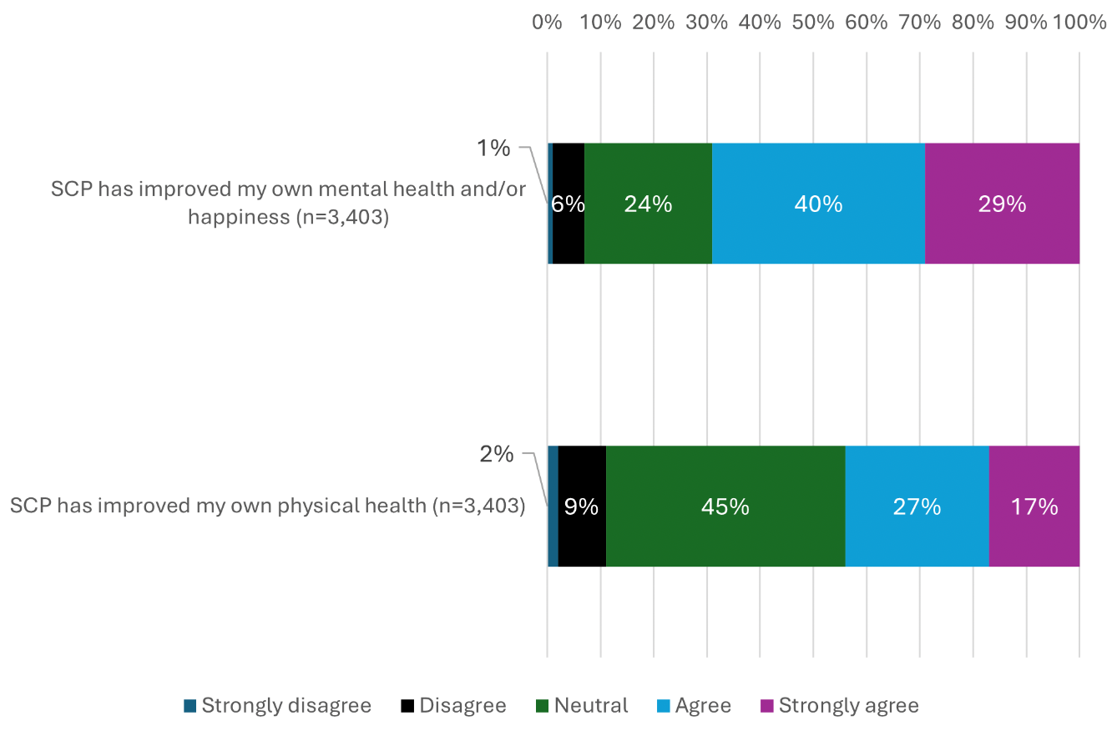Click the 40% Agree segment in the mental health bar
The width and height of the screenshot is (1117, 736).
(818, 204)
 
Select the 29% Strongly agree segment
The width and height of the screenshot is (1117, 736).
(1002, 204)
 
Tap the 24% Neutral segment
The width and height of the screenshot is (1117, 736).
(648, 204)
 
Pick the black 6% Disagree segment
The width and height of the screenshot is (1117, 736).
(569, 204)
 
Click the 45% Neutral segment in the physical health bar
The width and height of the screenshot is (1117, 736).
(725, 507)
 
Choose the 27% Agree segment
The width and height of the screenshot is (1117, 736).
(917, 507)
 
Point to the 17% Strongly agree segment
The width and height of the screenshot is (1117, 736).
(1034, 507)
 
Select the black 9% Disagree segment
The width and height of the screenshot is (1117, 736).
(581, 507)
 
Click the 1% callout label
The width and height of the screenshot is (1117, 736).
(493, 149)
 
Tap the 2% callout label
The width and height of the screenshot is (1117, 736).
(496, 454)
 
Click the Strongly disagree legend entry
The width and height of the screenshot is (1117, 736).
(277, 705)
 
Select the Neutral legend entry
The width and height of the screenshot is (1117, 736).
(582, 705)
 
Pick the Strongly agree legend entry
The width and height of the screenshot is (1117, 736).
(839, 705)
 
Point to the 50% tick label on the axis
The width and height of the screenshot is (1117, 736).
(813, 23)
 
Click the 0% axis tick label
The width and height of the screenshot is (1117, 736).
(547, 23)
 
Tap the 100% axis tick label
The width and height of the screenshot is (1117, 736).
(1079, 23)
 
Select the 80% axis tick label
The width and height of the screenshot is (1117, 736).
(973, 23)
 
